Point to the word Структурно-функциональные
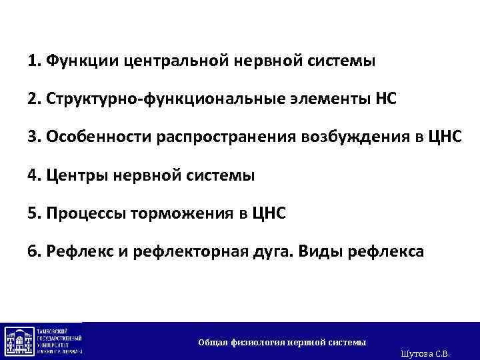point(137,100)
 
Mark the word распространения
point(221,138)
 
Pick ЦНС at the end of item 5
point(268,214)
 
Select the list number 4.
point(33,176)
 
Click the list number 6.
point(33,252)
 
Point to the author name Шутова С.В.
point(426,353)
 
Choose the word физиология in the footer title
point(258,342)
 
